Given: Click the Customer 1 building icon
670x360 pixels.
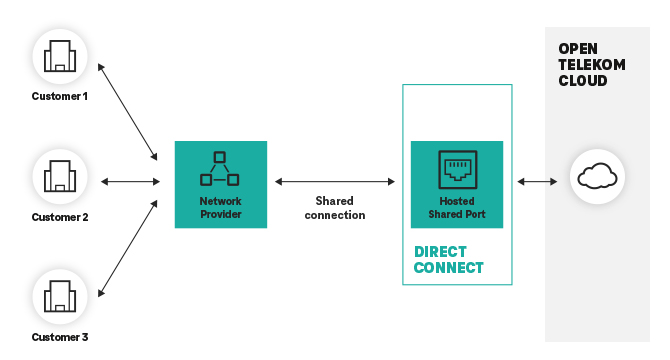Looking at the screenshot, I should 60,54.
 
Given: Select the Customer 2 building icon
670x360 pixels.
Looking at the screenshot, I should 60,177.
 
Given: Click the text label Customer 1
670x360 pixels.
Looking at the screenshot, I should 60,97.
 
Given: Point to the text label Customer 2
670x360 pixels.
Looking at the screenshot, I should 60,217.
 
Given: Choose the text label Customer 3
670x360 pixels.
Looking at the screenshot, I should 60,337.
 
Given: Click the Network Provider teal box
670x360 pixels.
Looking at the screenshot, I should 220,184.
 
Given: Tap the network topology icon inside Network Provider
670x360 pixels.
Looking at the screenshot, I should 220,169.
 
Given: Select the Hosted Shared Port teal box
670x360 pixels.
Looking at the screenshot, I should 457,184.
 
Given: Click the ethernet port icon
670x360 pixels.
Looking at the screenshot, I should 457,169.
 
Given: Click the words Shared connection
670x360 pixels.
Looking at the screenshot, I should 334,208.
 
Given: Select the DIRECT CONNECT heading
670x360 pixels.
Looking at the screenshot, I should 448,259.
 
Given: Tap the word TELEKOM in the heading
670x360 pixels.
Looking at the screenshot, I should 591,65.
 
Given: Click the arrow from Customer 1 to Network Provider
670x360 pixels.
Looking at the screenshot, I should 128,111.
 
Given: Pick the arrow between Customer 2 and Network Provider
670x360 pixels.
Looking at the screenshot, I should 131,182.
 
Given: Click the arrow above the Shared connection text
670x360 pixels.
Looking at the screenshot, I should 335,182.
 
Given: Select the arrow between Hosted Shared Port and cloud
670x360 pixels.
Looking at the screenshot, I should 537,182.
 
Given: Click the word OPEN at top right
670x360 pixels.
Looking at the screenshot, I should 578,49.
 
